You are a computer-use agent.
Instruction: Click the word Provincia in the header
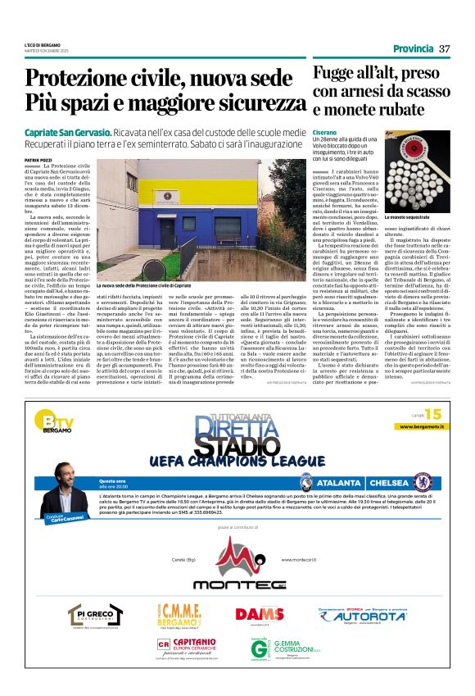(x=409, y=48)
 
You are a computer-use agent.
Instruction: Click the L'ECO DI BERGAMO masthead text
(x=43, y=43)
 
